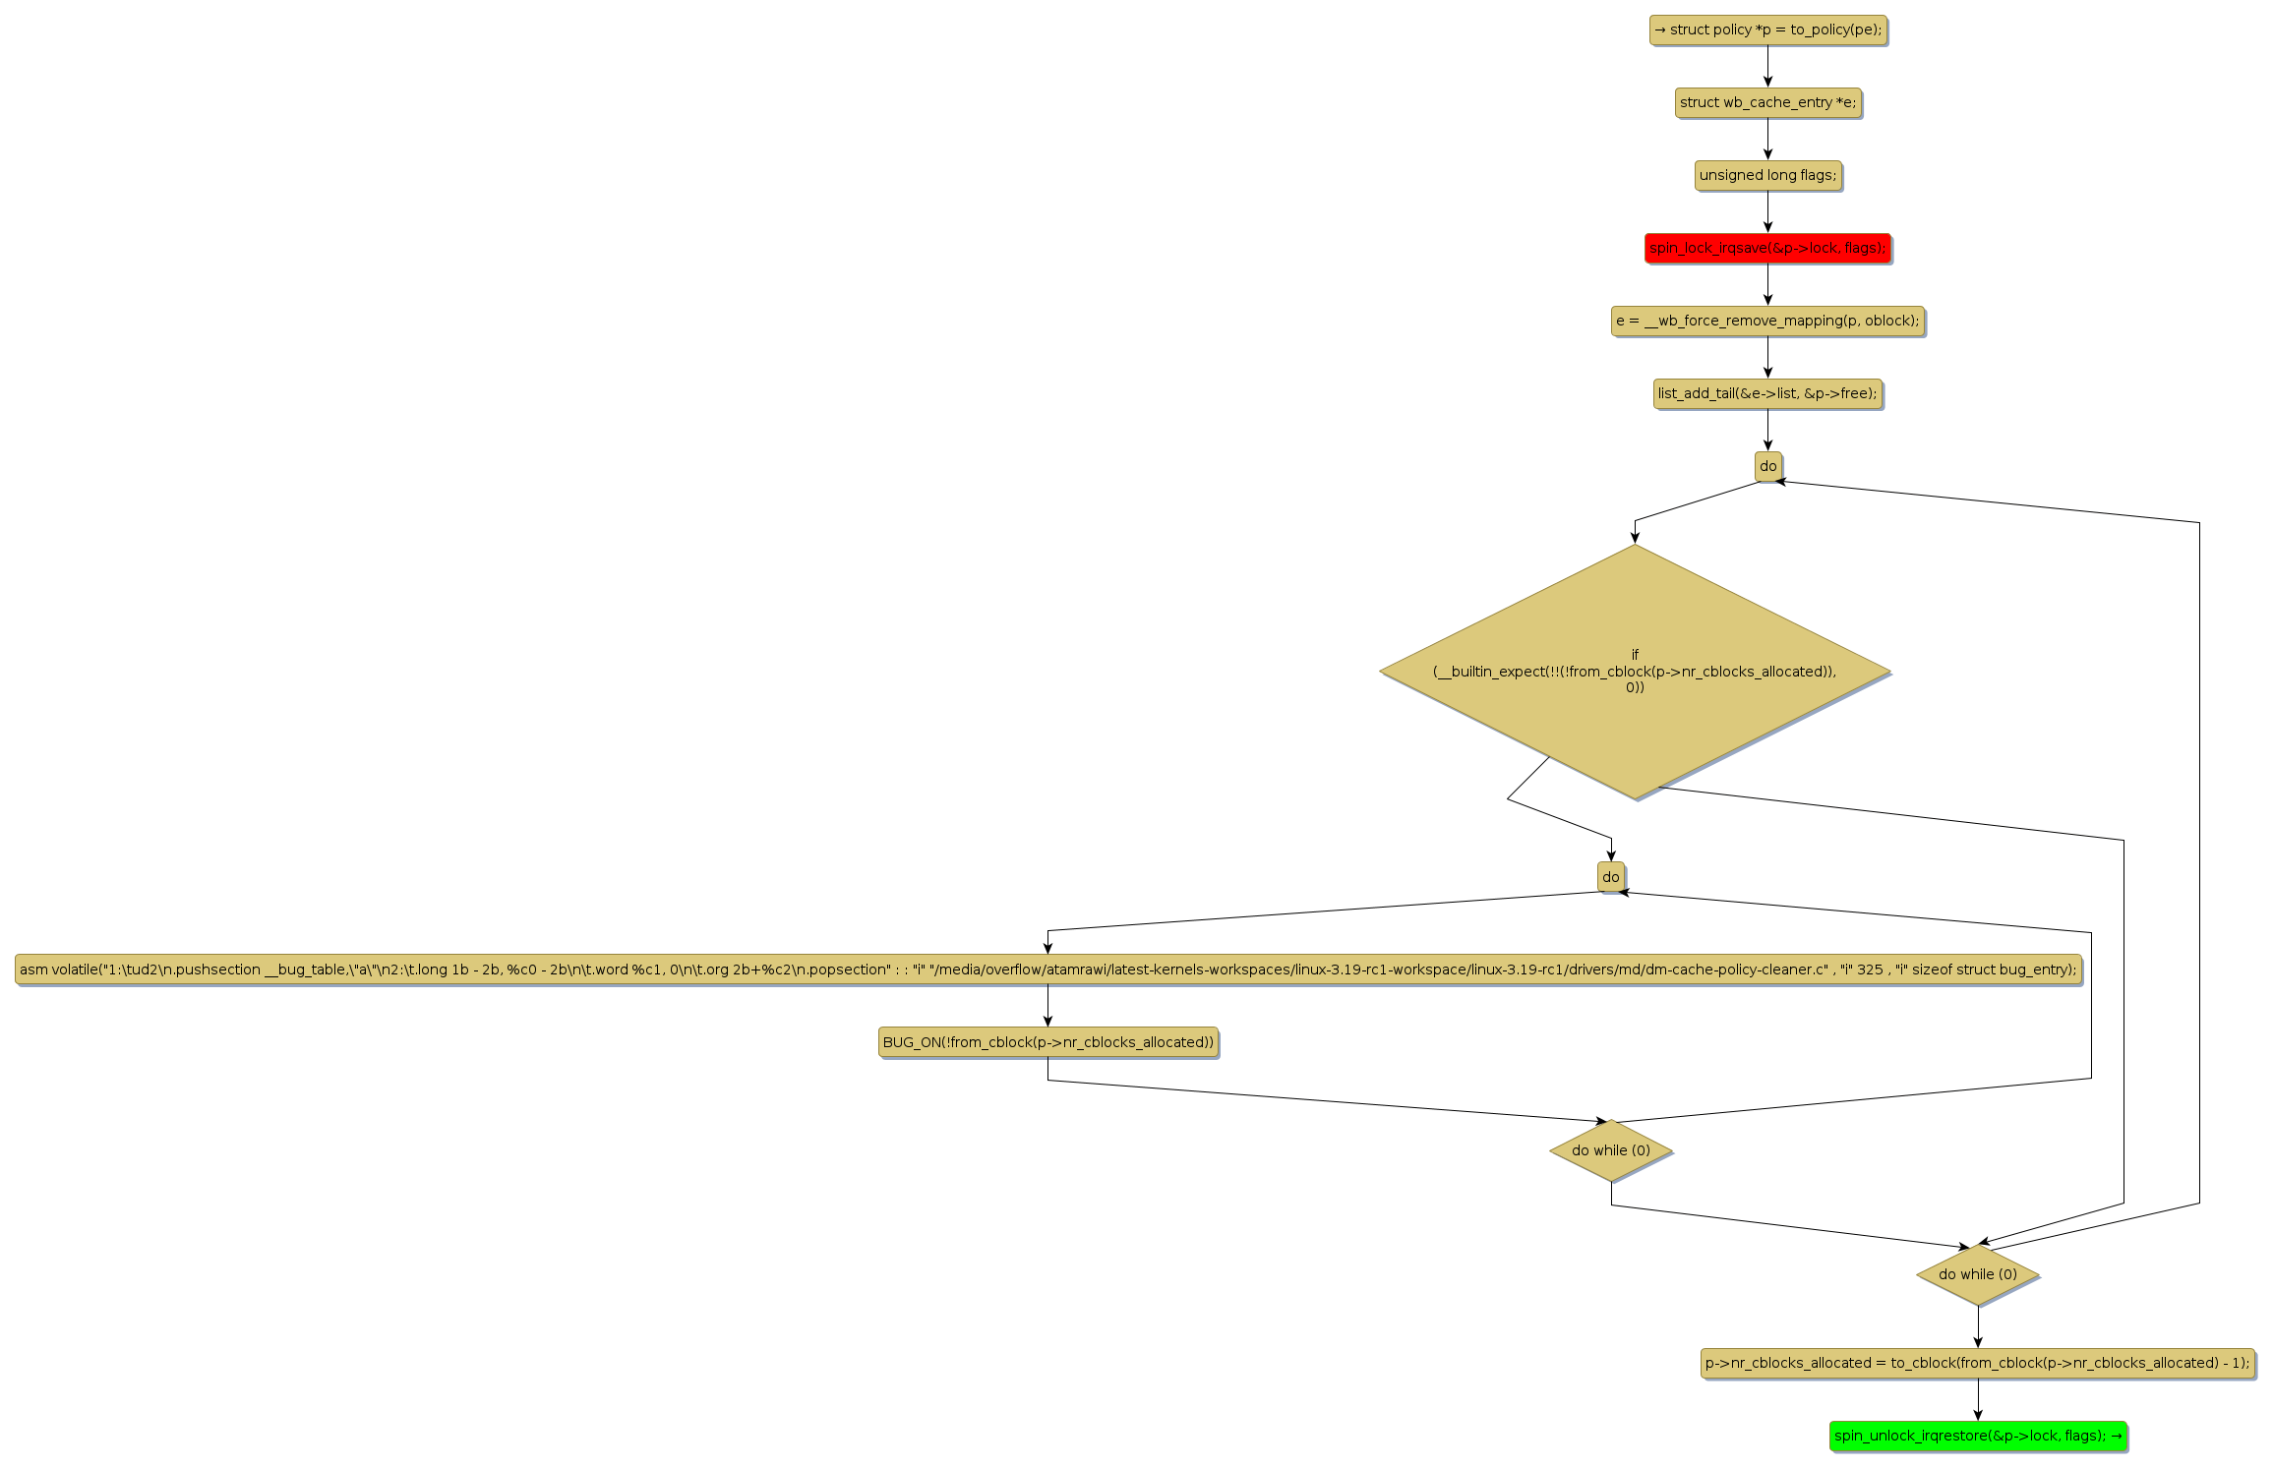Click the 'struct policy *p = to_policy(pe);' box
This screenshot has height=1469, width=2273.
1767,30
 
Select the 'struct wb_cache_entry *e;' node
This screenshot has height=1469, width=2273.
1767,103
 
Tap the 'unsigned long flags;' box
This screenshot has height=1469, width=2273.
1767,176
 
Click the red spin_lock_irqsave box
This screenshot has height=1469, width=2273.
1767,249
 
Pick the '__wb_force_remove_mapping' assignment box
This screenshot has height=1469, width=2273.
1767,322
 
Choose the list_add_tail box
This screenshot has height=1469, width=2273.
1767,394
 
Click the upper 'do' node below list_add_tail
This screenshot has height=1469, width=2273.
1767,467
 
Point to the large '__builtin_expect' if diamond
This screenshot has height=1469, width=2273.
1635,672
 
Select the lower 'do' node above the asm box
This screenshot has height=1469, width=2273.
1611,877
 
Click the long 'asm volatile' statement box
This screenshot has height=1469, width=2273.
1047,970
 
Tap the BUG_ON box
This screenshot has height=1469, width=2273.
1047,1042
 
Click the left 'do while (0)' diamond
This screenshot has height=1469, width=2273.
1611,1150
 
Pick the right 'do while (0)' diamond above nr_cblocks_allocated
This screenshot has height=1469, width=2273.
1978,1274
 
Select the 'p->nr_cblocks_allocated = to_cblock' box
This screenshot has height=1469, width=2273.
1978,1363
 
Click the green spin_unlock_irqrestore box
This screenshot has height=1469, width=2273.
1978,1436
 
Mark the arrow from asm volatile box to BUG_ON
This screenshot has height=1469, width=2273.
1047,1006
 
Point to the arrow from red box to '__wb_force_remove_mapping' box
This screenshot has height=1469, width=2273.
1767,285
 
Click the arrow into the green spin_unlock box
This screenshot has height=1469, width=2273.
1978,1399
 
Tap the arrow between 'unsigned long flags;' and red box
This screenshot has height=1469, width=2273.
1767,212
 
